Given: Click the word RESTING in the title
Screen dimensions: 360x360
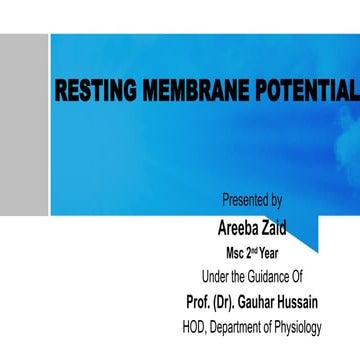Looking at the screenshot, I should click(x=91, y=93).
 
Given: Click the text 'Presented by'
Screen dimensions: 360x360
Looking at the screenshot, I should click(x=252, y=200).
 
